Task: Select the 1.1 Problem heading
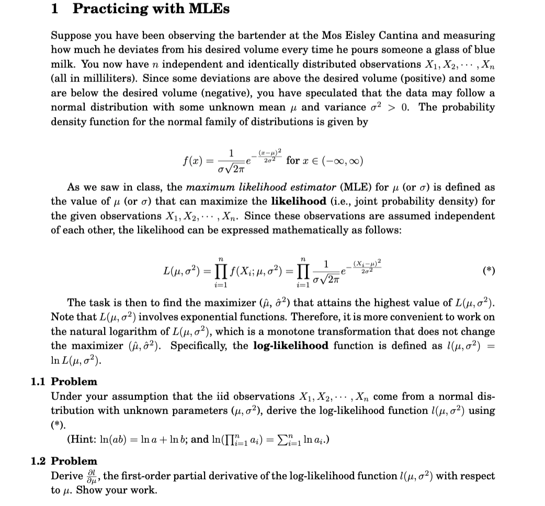[x=64, y=382]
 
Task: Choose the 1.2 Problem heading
[x=64, y=461]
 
